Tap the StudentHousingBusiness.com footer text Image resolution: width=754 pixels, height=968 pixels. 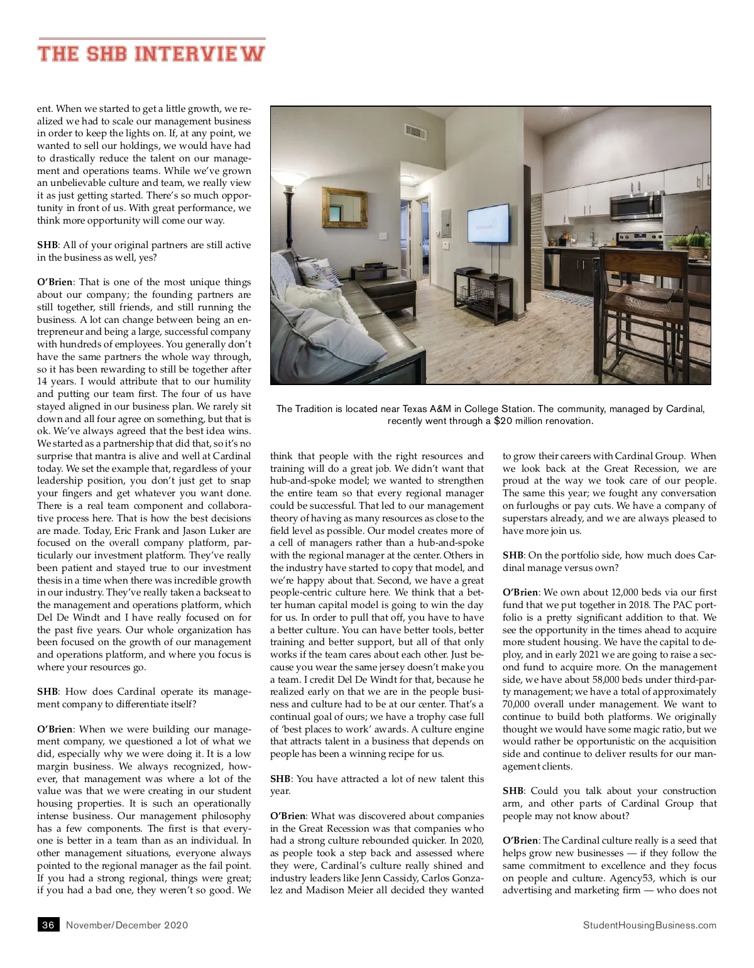[x=649, y=925]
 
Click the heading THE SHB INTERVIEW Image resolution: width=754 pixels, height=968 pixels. [x=151, y=53]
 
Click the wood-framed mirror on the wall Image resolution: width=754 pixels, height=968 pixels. [x=344, y=207]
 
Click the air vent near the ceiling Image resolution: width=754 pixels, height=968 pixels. [x=415, y=131]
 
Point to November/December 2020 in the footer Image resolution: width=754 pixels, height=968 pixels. [x=127, y=925]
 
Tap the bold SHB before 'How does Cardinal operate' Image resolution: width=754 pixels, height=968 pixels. [x=47, y=692]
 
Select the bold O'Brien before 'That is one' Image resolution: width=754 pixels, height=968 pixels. [x=55, y=282]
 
